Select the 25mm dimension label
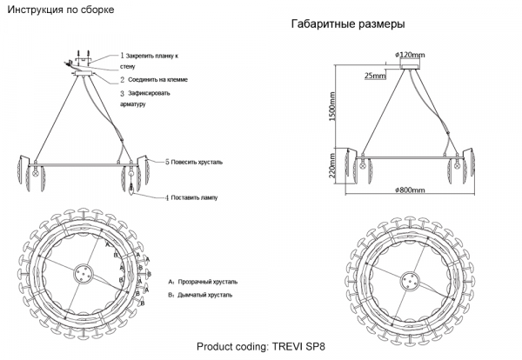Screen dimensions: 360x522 (x=375, y=76)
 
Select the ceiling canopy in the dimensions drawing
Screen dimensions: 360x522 (x=410, y=66)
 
